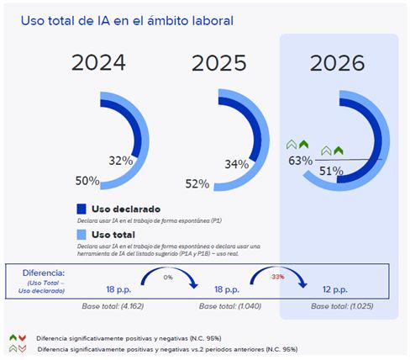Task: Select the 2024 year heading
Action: tap(98, 62)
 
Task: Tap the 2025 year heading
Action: tap(219, 62)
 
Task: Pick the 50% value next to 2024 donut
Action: tap(88, 181)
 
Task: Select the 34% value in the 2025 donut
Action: tap(236, 163)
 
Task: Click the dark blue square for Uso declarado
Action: tap(81, 209)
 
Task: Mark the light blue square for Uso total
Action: tap(81, 234)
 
